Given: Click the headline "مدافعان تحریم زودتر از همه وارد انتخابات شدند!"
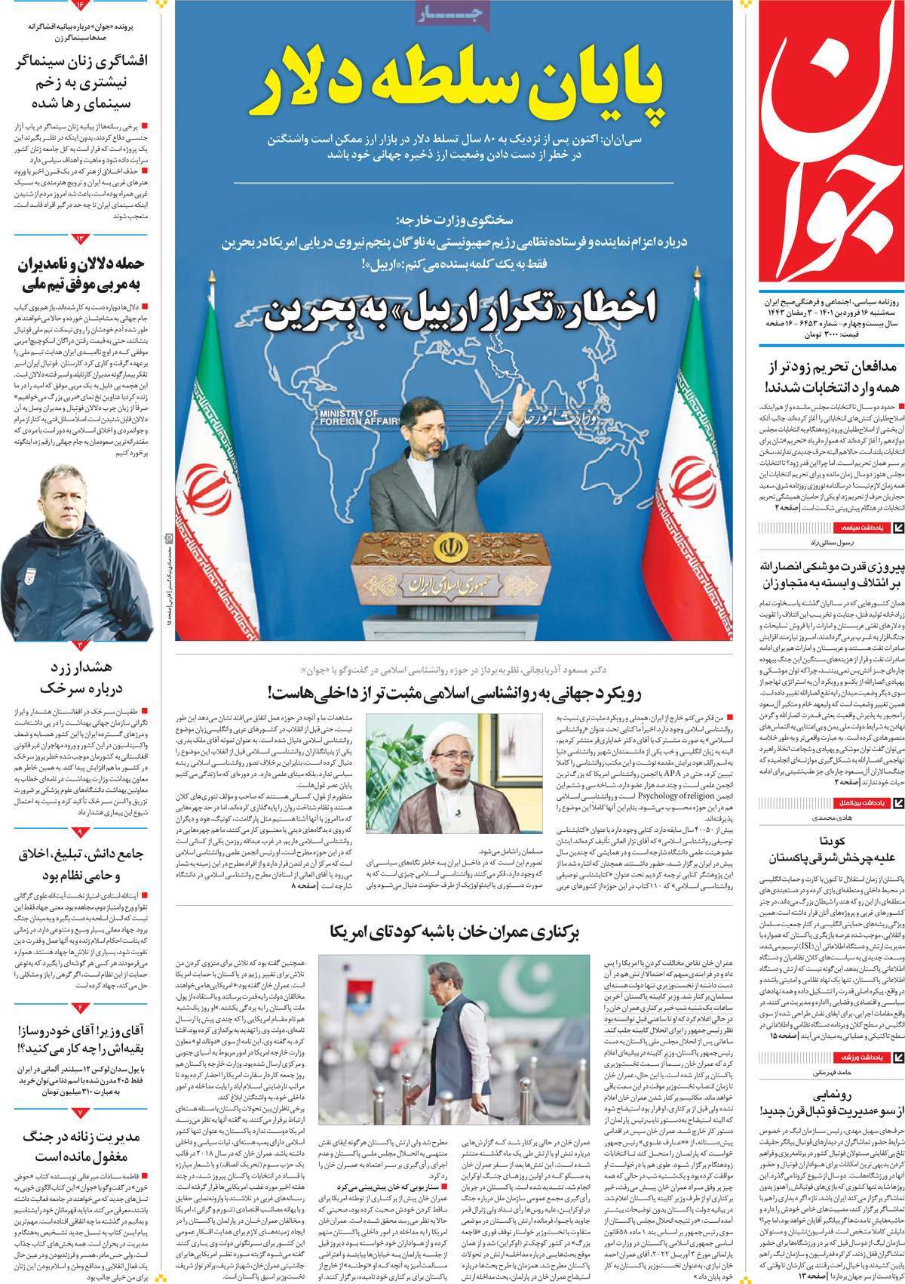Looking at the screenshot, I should (x=827, y=377).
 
